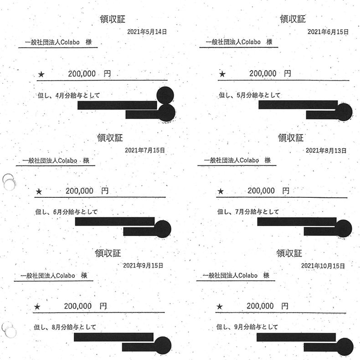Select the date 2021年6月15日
coord(328,32)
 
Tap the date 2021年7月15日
coord(144,150)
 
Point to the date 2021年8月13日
coord(326,150)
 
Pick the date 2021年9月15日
coord(143,265)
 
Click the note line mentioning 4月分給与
coord(68,96)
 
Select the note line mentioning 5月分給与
coord(250,96)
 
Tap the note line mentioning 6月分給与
coord(67,212)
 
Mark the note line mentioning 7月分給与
coord(248,212)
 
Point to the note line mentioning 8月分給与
coord(65,327)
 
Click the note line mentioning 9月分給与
coord(247,327)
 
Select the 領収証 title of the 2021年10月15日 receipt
coord(289,253)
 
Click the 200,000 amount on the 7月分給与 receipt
coord(262,191)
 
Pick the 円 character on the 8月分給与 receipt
coord(103,306)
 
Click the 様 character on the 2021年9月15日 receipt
coord(84,276)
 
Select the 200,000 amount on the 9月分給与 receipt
coord(260,306)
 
